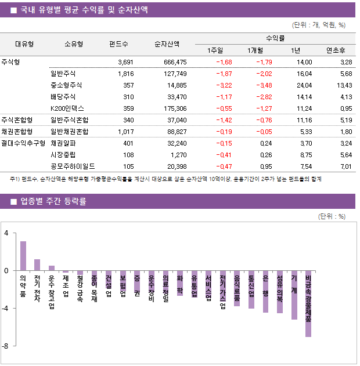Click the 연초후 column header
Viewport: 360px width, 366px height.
coord(337,50)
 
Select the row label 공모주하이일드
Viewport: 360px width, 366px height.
coord(71,166)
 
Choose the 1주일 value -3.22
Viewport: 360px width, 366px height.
coord(224,85)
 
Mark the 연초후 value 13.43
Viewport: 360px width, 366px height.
coord(344,85)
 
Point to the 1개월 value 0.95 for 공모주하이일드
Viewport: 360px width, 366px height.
coord(265,166)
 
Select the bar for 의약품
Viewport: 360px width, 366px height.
coord(23,256)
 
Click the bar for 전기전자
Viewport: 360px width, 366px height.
coord(37,265)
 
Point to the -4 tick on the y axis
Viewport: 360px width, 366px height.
coord(6,308)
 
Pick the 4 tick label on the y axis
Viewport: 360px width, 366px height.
coord(6,233)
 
